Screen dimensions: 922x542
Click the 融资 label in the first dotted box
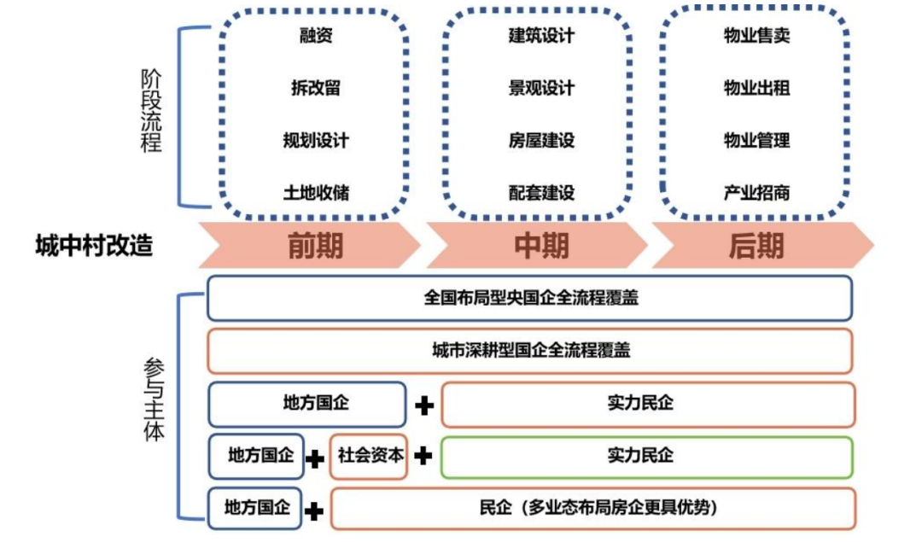coord(316,35)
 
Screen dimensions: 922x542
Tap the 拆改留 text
coord(316,88)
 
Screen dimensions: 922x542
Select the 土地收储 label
coord(316,192)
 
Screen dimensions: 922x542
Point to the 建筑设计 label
coord(541,35)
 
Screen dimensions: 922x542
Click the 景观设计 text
coord(541,88)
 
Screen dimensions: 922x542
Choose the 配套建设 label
coord(541,192)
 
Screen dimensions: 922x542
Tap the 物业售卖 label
coord(756,35)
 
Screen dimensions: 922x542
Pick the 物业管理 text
coord(756,141)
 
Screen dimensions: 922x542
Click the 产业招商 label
coord(756,192)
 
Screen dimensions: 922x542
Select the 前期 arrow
coord(310,245)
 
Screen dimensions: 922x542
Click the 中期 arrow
coord(537,245)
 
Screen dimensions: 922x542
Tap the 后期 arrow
coord(762,245)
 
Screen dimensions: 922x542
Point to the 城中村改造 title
coord(94,245)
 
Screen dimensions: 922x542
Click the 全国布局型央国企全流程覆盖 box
coord(530,298)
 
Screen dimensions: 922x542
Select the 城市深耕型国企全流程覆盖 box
coord(530,351)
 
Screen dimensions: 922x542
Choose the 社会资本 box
coord(369,456)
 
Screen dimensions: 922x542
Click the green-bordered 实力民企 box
coord(647,457)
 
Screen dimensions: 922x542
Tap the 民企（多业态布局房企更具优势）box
coord(592,508)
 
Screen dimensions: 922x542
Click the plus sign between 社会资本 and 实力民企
coord(423,456)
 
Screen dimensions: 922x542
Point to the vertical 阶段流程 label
coord(150,110)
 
